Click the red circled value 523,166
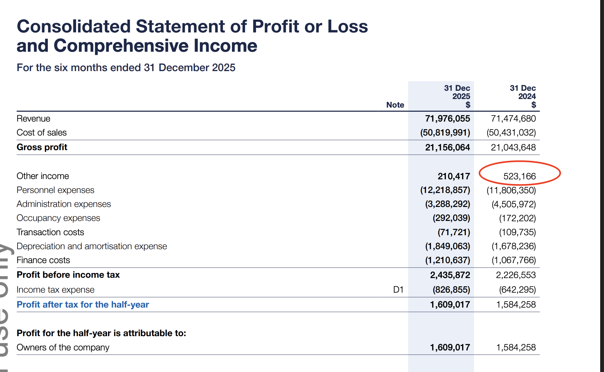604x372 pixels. point(519,176)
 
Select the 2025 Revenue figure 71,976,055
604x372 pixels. point(447,119)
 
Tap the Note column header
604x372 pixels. point(395,105)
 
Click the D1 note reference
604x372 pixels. point(398,289)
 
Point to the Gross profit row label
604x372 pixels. point(42,147)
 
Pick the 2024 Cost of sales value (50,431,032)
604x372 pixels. point(511,133)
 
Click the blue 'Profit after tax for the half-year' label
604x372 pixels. point(83,305)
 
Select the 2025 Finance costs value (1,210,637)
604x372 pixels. point(447,260)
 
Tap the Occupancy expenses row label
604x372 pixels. point(58,218)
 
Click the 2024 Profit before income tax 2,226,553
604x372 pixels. point(516,275)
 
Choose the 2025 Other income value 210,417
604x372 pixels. point(453,176)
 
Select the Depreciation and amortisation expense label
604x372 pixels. point(92,246)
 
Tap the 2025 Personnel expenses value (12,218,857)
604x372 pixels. point(445,190)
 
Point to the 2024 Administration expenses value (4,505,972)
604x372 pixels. point(513,204)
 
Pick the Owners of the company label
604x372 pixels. point(63,348)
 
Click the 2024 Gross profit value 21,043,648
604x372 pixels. point(513,147)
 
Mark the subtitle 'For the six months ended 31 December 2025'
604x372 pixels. point(126,68)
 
